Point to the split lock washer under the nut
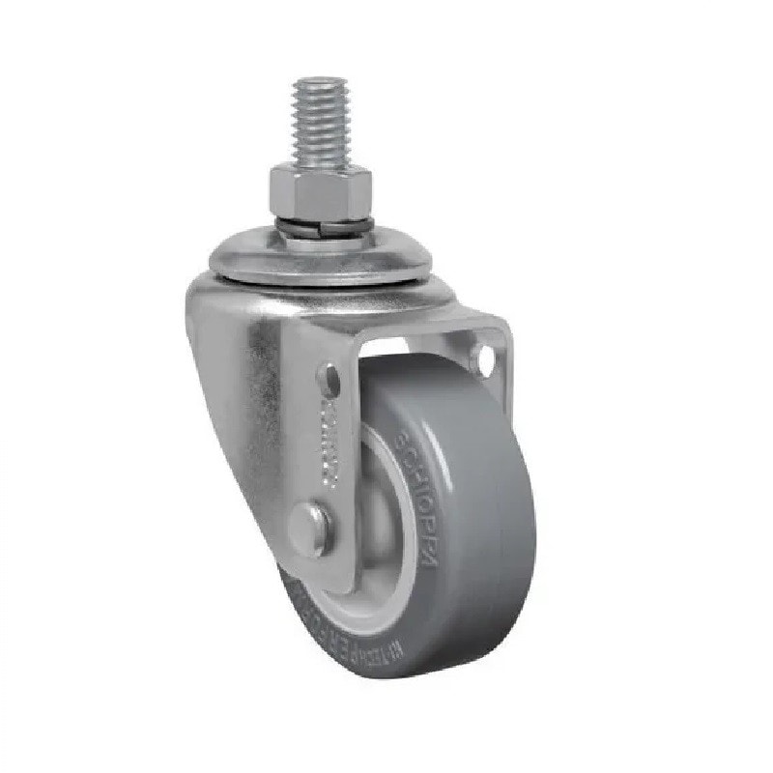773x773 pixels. pos(323,226)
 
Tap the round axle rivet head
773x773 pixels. pos(315,527)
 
